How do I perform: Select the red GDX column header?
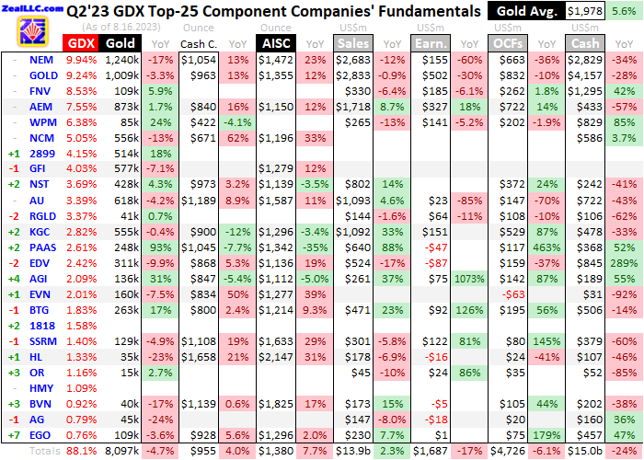(81, 43)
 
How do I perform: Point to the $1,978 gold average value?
(585, 11)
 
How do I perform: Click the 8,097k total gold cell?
(121, 452)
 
